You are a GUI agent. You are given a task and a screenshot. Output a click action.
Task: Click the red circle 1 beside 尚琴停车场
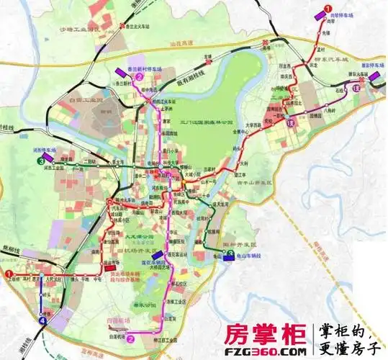click(328, 8)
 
